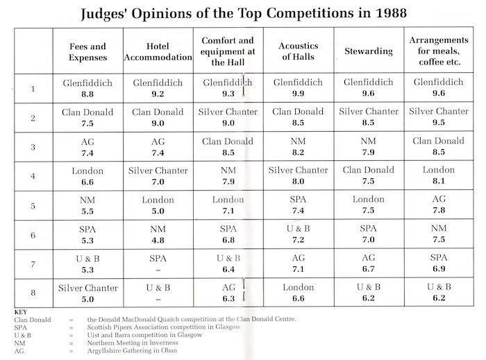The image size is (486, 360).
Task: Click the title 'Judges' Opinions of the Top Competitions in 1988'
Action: (x=243, y=13)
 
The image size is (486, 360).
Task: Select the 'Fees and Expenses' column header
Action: (x=87, y=52)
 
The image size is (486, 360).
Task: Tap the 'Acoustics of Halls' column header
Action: (x=298, y=51)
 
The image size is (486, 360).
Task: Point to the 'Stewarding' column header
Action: (x=369, y=51)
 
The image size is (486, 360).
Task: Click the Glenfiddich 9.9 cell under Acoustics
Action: (x=298, y=89)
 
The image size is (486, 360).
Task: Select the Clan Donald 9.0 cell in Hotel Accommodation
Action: (x=158, y=118)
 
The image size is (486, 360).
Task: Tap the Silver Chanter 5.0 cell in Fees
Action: (x=87, y=293)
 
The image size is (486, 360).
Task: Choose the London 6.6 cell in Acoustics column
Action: (x=298, y=293)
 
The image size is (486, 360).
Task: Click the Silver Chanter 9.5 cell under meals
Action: (x=438, y=118)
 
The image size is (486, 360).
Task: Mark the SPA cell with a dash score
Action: (x=158, y=264)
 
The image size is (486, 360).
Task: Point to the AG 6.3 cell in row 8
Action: (x=228, y=293)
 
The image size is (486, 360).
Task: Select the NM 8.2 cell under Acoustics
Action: (x=298, y=147)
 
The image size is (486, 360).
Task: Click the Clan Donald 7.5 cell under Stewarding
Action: (x=368, y=176)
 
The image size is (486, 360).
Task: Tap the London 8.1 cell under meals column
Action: (x=438, y=176)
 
